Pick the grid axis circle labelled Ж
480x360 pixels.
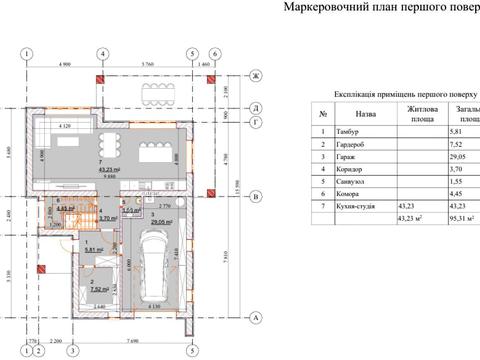pyautogui.click(x=257, y=76)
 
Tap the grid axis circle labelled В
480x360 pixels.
pyautogui.click(x=257, y=196)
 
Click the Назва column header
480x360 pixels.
pyautogui.click(x=365, y=115)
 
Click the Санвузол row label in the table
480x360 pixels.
pyautogui.click(x=355, y=182)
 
